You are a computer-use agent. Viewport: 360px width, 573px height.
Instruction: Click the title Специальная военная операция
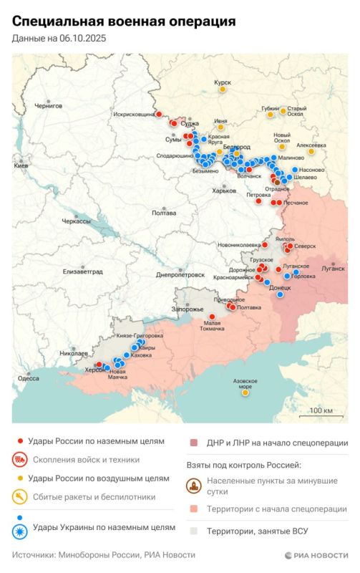click(123, 23)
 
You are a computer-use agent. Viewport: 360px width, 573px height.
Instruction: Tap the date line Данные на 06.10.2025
click(59, 39)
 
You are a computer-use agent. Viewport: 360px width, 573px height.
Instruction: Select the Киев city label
click(21, 165)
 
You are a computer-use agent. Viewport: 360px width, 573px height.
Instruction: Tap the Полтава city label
click(164, 213)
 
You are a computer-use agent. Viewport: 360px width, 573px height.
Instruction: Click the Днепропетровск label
click(180, 274)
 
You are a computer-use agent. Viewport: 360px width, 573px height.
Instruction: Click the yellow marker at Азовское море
click(245, 393)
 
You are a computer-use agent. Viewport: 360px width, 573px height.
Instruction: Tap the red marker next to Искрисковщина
click(160, 113)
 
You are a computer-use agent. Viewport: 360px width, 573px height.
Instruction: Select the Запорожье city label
click(188, 309)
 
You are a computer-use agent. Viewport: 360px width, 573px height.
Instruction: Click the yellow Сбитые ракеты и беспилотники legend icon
click(21, 495)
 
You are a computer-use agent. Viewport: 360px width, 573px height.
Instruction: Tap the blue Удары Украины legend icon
click(21, 531)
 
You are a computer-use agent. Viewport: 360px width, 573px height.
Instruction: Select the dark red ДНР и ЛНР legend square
click(193, 443)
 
